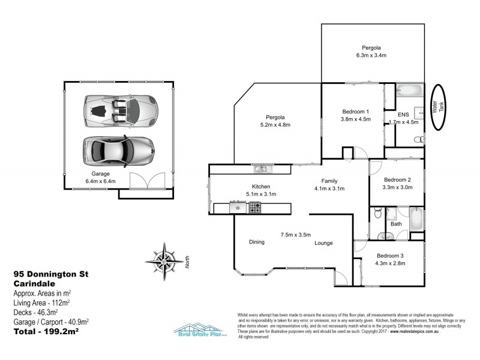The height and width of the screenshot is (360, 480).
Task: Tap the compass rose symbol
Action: click(x=162, y=259)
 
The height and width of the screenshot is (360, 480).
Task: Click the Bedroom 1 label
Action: click(x=355, y=111)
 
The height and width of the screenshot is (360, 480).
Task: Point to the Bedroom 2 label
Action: click(x=397, y=180)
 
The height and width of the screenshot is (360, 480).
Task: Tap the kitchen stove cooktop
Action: click(x=255, y=208)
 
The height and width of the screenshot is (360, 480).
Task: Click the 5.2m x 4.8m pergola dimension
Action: click(x=275, y=125)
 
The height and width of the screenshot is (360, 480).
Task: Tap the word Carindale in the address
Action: click(x=34, y=283)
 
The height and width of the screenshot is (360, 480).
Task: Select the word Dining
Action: click(x=257, y=242)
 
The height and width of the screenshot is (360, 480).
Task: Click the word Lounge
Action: click(x=323, y=243)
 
